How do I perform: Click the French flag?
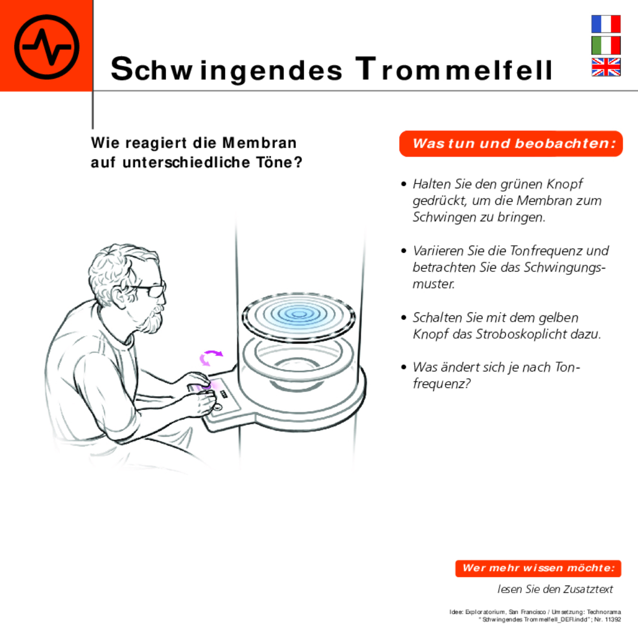(606, 24)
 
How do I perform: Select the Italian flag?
(606, 45)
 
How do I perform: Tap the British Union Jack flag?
(606, 67)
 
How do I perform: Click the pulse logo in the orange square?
(46, 46)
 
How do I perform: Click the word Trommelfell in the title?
(454, 69)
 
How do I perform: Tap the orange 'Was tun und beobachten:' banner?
(511, 144)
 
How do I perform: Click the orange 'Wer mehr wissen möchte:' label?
(538, 568)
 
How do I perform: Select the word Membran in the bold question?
(259, 143)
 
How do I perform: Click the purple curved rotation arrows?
(211, 358)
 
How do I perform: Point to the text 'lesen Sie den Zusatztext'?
(555, 589)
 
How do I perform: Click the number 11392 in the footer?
(613, 619)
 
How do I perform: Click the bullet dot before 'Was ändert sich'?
(404, 367)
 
